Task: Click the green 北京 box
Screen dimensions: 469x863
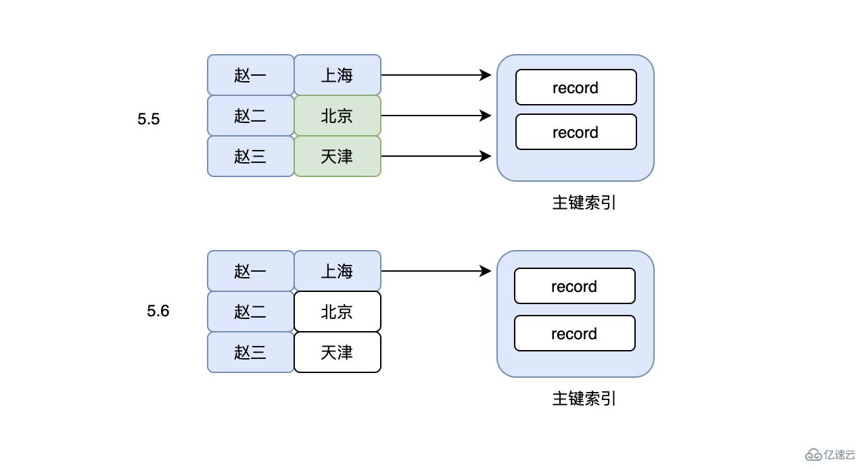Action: [337, 116]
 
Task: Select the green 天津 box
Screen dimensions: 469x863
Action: [337, 156]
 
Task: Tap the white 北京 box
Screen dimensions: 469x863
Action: [337, 312]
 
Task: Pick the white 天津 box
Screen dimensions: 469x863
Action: [337, 352]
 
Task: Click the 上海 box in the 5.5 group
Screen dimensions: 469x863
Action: [337, 75]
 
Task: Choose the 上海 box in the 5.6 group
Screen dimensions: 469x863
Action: [337, 271]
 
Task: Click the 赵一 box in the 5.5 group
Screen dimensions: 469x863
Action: [251, 75]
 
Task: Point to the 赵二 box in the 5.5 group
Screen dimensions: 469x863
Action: [251, 116]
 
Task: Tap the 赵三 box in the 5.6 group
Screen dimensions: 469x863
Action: [251, 352]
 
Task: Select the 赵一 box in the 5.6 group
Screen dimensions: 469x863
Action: [251, 271]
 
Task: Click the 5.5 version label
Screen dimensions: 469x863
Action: [149, 120]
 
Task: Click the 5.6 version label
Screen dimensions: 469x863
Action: [158, 312]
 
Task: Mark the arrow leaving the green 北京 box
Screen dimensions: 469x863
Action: [436, 116]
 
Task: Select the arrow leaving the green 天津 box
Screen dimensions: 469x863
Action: [436, 156]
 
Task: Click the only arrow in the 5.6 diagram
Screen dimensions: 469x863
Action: [436, 271]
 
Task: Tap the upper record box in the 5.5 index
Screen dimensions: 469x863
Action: [576, 87]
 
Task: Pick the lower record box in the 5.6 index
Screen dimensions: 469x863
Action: [574, 333]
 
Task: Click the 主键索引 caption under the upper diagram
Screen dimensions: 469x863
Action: [584, 203]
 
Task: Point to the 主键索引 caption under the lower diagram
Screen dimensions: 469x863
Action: [584, 399]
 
